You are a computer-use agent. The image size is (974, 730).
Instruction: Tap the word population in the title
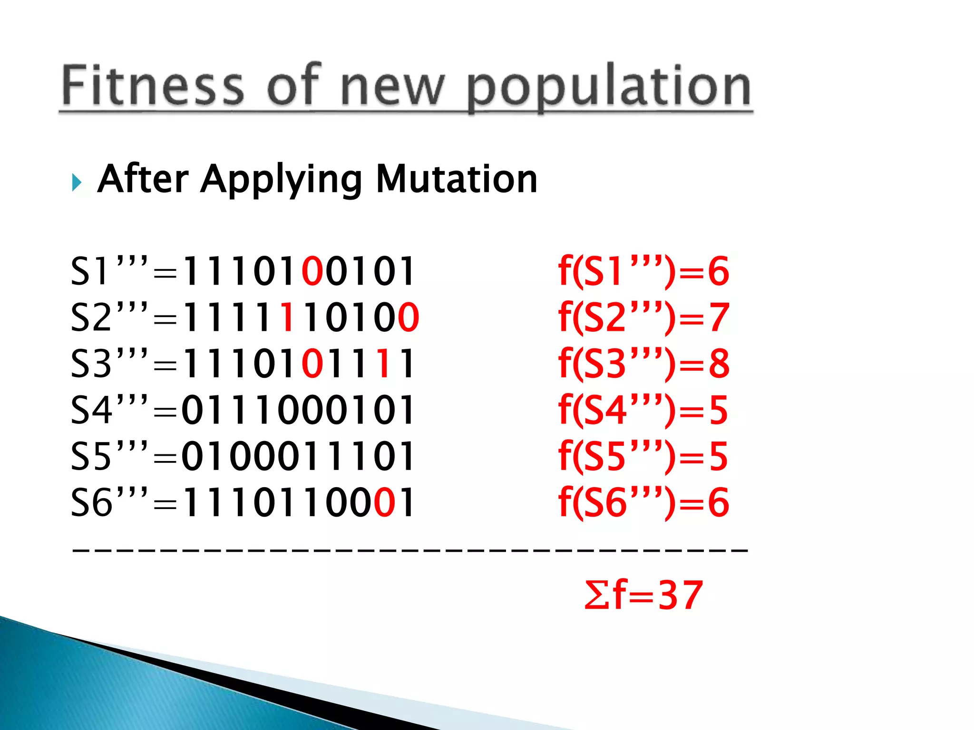click(x=609, y=88)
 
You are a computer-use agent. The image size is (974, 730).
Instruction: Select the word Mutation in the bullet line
click(x=457, y=179)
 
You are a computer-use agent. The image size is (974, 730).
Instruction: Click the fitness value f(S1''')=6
click(x=643, y=271)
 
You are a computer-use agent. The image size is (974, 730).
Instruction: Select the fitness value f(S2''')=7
click(x=643, y=317)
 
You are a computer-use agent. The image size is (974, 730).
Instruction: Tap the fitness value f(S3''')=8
click(x=643, y=364)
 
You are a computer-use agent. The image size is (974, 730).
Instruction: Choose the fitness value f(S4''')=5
click(x=643, y=410)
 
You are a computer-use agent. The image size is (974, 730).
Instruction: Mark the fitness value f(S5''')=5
click(x=643, y=456)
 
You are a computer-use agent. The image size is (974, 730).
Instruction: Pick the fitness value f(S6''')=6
click(x=643, y=502)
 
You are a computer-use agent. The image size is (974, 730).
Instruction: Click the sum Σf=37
click(x=643, y=595)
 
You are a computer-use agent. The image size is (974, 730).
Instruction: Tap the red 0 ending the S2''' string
click(x=408, y=317)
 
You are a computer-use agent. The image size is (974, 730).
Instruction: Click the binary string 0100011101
click(x=298, y=456)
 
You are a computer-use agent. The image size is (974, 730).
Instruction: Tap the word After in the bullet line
click(x=143, y=179)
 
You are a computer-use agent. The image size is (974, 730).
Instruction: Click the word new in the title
click(x=392, y=88)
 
